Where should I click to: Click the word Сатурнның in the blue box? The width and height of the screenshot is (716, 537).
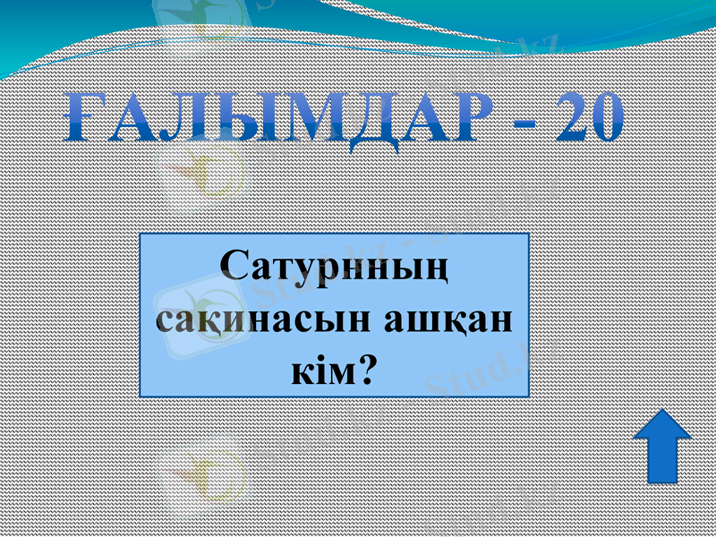coord(334,268)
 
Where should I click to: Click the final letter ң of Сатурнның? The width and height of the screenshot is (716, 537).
coord(434,269)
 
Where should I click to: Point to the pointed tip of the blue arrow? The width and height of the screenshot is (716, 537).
coord(661,413)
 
